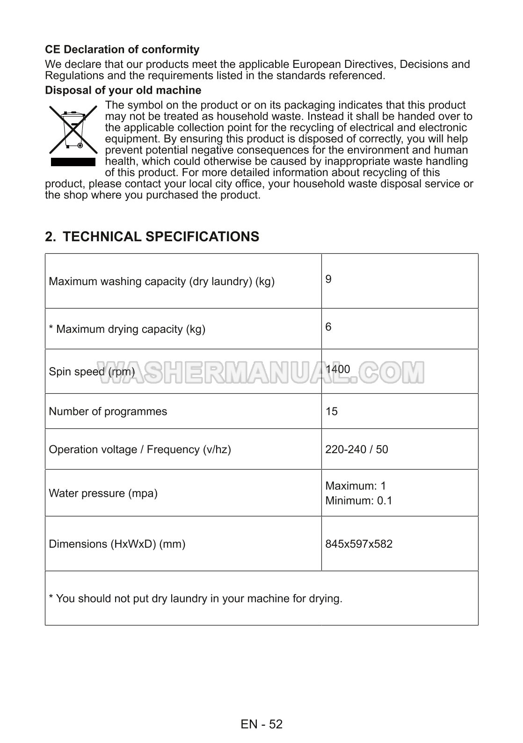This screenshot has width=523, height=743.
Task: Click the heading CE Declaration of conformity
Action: [x=122, y=49]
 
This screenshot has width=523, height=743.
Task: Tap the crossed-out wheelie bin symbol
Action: [x=73, y=130]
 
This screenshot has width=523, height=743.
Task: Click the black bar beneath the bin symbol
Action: [x=73, y=162]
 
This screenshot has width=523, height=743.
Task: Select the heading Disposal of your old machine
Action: [x=123, y=90]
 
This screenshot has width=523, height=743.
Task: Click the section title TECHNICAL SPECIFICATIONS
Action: [x=152, y=236]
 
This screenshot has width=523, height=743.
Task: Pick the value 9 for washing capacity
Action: [x=328, y=280]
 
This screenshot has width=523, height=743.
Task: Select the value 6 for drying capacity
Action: [x=328, y=327]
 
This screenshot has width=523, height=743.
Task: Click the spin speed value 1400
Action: [x=338, y=369]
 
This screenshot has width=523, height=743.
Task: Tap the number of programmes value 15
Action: [x=332, y=412]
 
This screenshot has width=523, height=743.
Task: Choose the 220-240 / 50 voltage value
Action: [x=356, y=449]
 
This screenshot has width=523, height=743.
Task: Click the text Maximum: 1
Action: [x=356, y=486]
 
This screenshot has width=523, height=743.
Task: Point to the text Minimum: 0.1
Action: [x=359, y=500]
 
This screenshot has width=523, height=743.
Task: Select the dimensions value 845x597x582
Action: [x=359, y=544]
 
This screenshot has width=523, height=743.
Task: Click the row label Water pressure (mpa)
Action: [x=103, y=493]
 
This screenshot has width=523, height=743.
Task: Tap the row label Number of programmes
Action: [x=108, y=412]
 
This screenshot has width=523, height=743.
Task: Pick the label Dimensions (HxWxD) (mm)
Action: [x=117, y=544]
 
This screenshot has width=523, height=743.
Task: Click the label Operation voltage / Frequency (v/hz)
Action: [x=140, y=449]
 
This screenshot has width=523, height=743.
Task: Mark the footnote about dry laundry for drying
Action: [x=196, y=598]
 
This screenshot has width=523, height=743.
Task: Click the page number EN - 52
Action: [x=261, y=724]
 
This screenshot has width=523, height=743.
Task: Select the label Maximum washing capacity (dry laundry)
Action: [x=161, y=281]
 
